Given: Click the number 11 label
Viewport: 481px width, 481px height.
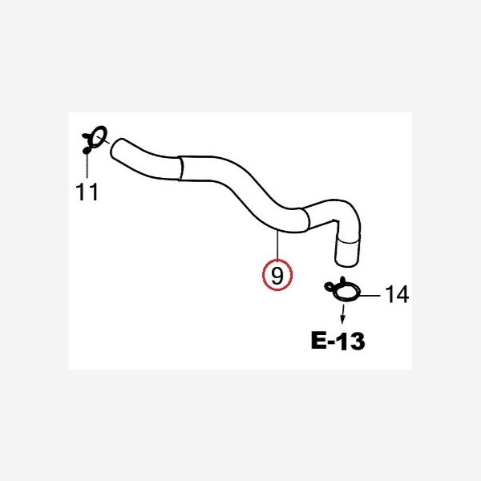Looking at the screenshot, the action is click(87, 192).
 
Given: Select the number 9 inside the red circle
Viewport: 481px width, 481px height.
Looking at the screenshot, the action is click(277, 276).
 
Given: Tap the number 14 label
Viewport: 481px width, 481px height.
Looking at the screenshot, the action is click(397, 294).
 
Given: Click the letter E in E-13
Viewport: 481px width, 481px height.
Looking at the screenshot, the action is click(319, 341).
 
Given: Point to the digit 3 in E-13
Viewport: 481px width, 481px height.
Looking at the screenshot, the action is click(357, 341).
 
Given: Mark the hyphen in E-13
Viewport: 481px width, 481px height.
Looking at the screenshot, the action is click(332, 342).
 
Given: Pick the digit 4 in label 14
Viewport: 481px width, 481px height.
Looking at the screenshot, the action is click(402, 294).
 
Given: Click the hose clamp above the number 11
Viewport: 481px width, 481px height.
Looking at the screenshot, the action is click(95, 139).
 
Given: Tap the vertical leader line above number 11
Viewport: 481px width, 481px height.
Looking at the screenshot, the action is click(87, 165).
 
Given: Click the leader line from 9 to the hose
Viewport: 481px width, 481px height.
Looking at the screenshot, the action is click(277, 245).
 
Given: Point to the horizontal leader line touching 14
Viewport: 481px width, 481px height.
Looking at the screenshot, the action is click(370, 296).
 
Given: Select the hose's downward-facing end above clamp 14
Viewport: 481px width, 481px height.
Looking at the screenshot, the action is click(347, 263).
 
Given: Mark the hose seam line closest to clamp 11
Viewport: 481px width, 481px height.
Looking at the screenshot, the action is click(181, 168).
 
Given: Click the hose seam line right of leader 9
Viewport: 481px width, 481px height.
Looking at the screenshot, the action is click(307, 218).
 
